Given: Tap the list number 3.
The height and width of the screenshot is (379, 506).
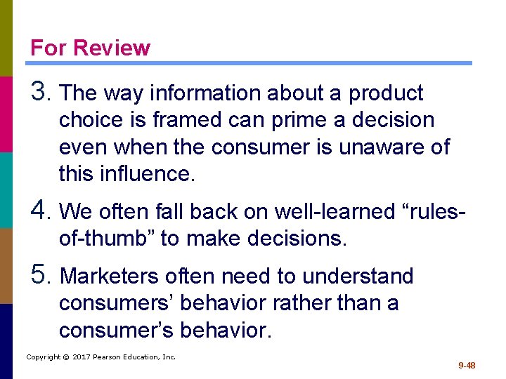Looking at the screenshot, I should pos(41,92).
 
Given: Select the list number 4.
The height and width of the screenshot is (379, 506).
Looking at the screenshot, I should pos(41,210).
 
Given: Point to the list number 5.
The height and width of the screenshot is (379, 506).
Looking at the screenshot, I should pos(41,276).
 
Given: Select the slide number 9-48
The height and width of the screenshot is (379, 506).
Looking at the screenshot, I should pos(467,365).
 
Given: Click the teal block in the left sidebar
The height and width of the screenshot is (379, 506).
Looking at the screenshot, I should pos(6,189).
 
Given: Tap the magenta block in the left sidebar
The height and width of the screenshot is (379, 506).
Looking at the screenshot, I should pos(6,114).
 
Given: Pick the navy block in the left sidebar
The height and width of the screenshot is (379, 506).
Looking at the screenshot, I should pos(6,341).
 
